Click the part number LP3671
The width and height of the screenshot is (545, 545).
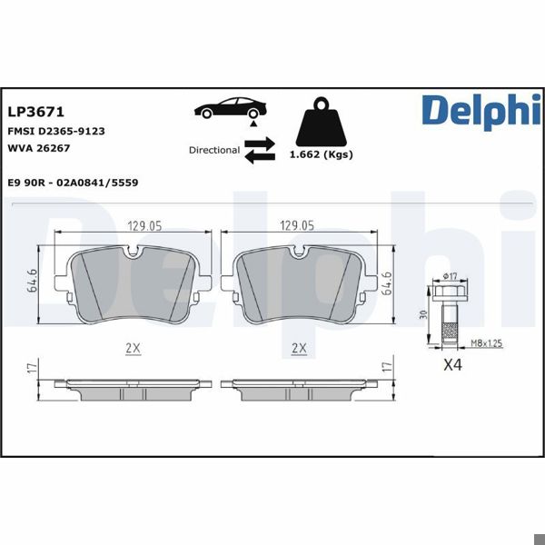coord(35,112)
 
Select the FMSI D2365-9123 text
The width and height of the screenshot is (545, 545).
coord(56,131)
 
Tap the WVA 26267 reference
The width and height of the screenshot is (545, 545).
coord(39,147)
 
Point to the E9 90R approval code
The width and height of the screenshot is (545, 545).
coord(73,183)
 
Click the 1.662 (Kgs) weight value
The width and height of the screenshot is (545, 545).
coord(321,154)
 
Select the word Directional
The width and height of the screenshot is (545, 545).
coord(214,150)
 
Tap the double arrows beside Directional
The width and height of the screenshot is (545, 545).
coord(259,150)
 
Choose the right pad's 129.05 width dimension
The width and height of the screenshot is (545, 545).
coord(296,225)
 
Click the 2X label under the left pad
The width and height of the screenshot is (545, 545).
coord(132,348)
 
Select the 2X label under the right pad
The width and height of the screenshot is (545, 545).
coord(298,348)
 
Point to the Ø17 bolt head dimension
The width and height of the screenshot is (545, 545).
coord(450,277)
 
